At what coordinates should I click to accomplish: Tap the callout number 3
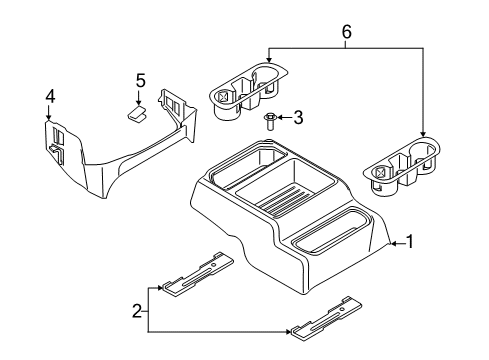(297, 118)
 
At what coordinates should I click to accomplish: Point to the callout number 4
(50, 97)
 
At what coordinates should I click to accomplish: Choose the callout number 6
(346, 32)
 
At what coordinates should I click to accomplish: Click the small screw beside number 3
(270, 121)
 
